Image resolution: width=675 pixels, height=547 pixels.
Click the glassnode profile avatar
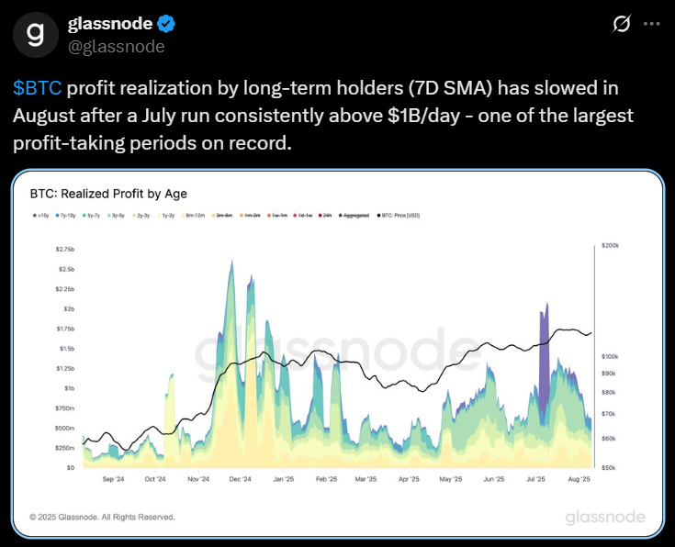(x=35, y=35)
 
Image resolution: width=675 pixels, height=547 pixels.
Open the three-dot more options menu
(x=654, y=24)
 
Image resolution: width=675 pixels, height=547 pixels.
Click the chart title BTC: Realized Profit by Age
(x=107, y=194)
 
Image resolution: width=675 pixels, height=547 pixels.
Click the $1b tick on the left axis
(x=67, y=388)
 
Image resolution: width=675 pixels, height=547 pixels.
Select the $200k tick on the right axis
(x=611, y=246)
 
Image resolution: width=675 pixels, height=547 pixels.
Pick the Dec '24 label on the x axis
(x=242, y=479)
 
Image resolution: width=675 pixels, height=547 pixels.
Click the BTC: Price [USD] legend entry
(x=399, y=215)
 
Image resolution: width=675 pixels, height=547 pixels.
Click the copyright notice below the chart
(x=102, y=517)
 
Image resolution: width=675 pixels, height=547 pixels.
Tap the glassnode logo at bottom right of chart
(x=604, y=517)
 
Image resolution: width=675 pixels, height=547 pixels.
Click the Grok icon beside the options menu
(x=621, y=24)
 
